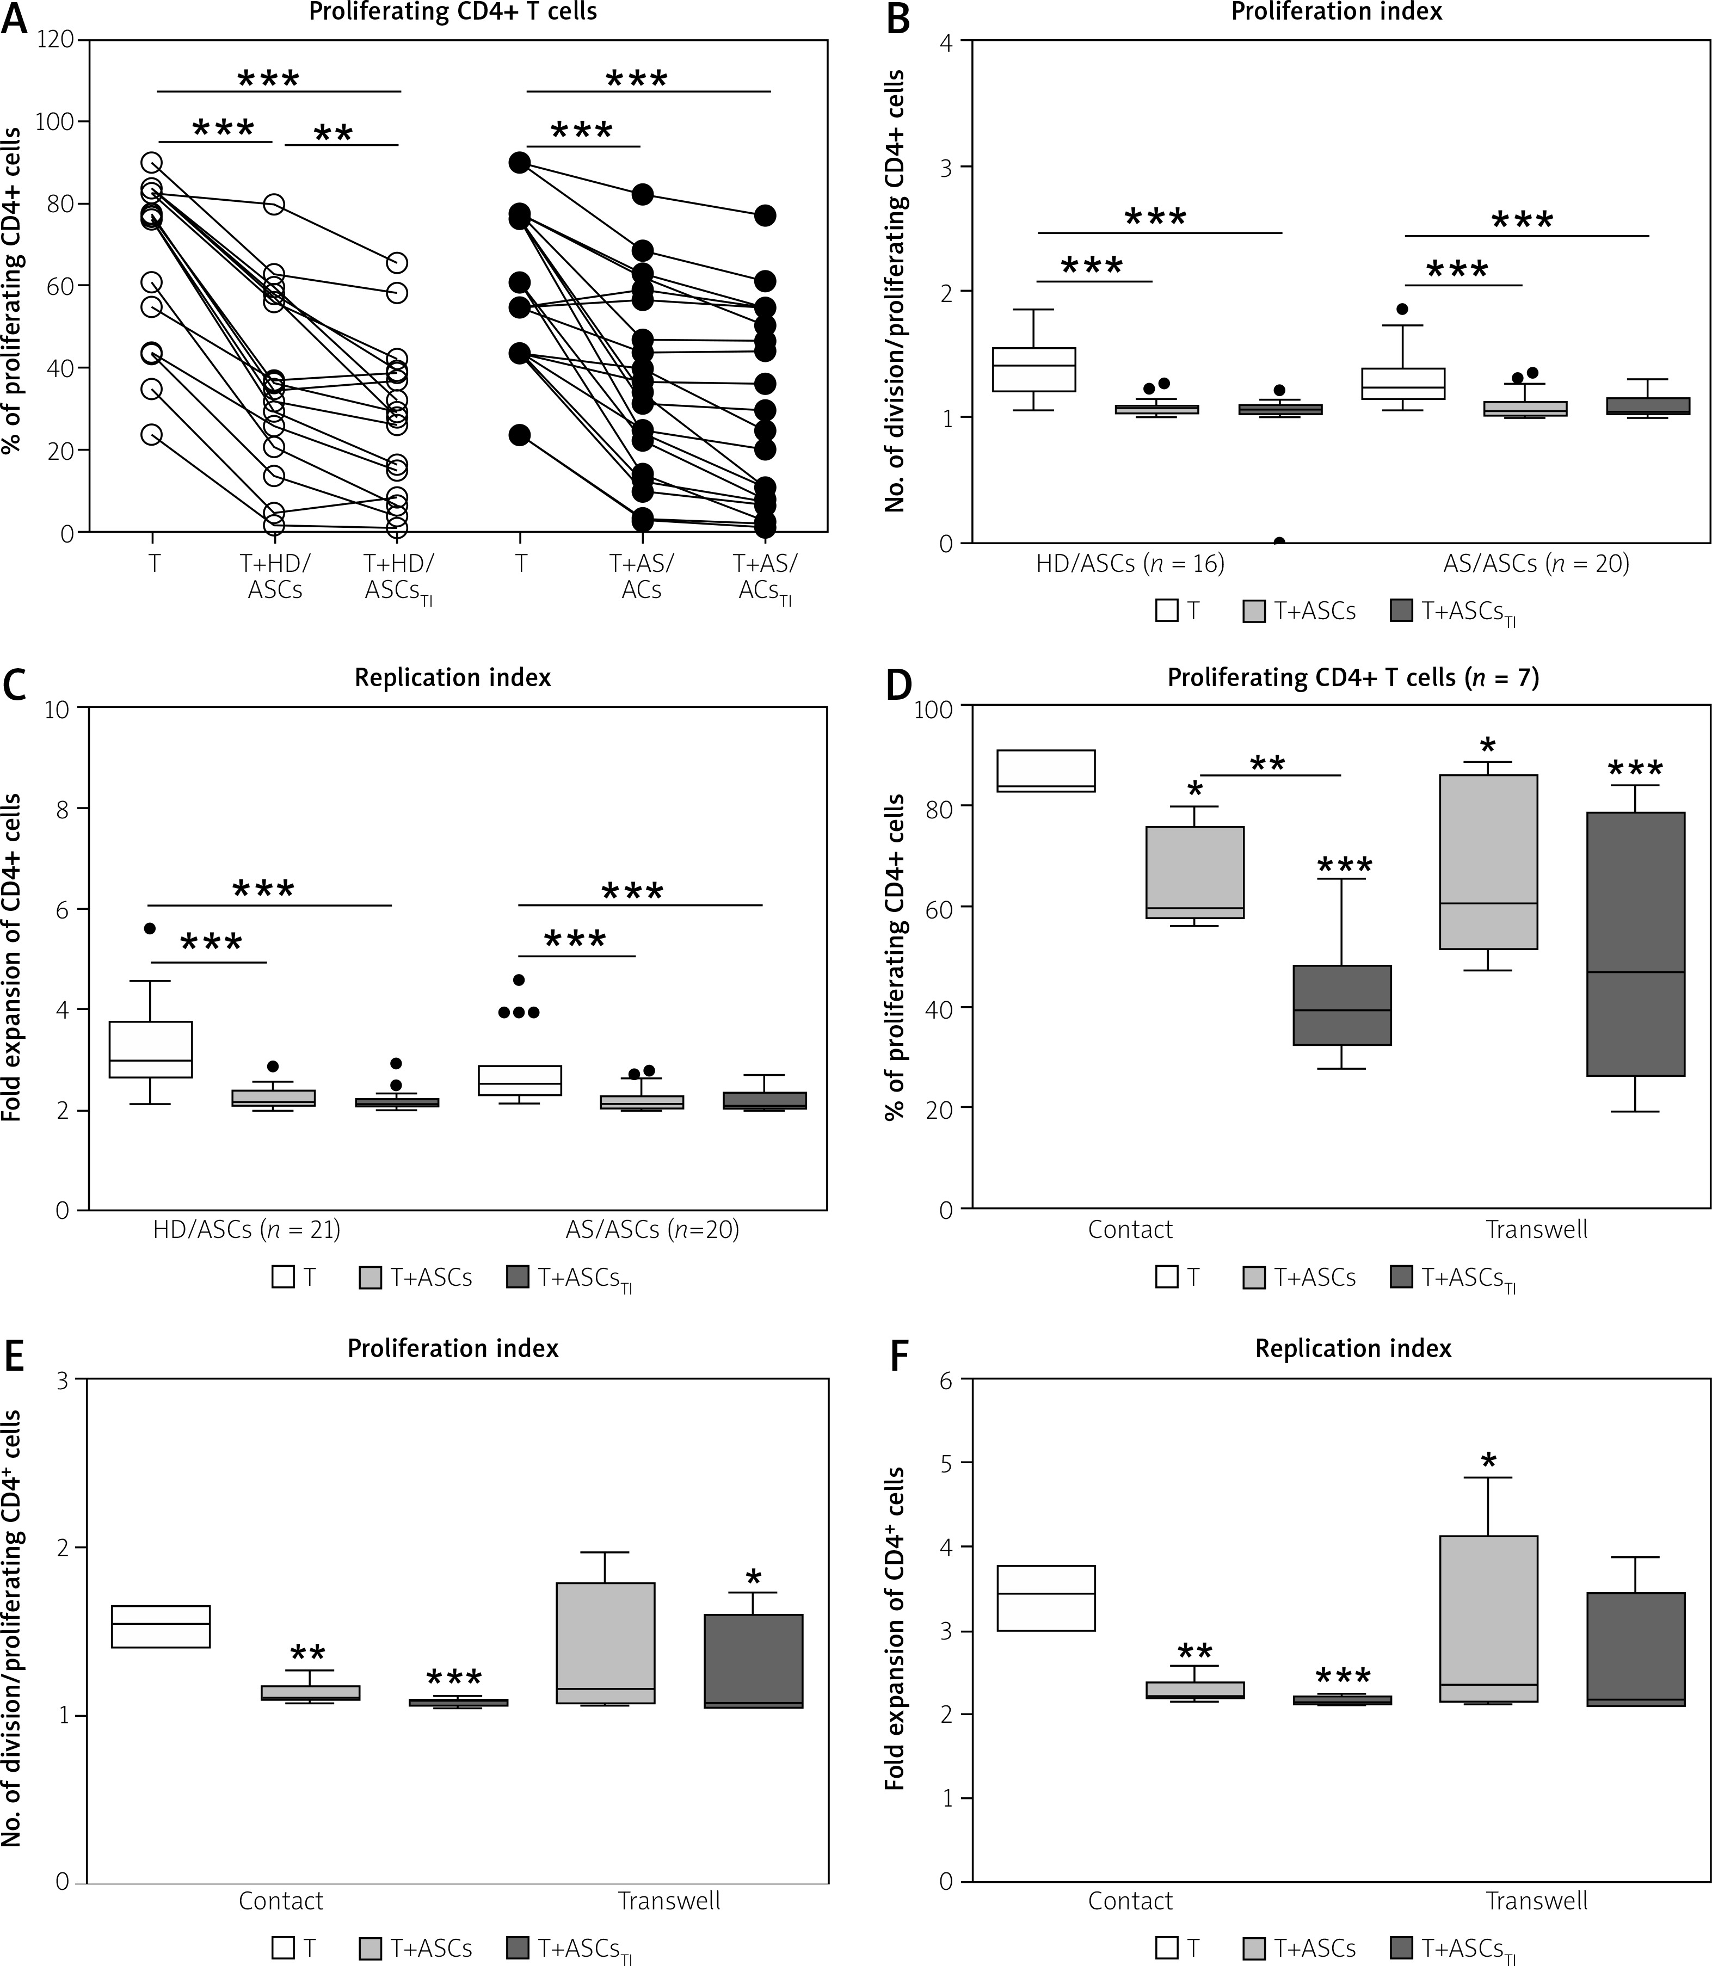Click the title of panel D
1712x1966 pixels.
(x=1353, y=678)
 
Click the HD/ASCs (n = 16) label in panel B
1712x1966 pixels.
(x=1130, y=564)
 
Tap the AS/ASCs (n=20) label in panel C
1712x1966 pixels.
(x=652, y=1229)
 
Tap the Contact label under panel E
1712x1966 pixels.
(x=281, y=1901)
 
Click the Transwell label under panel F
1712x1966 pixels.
(x=1536, y=1901)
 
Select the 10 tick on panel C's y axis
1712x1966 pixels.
(x=63, y=708)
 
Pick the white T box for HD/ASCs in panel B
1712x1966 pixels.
(x=1034, y=369)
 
